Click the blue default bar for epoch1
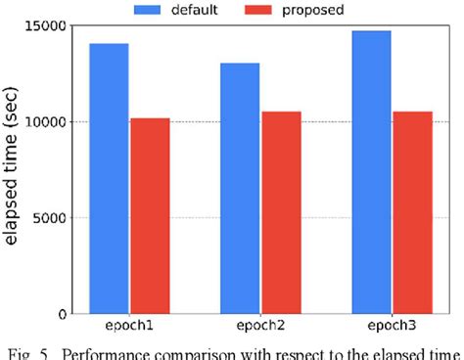(x=109, y=178)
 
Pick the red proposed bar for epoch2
(x=282, y=212)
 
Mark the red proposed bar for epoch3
(x=412, y=212)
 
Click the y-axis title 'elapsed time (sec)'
(x=13, y=168)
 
